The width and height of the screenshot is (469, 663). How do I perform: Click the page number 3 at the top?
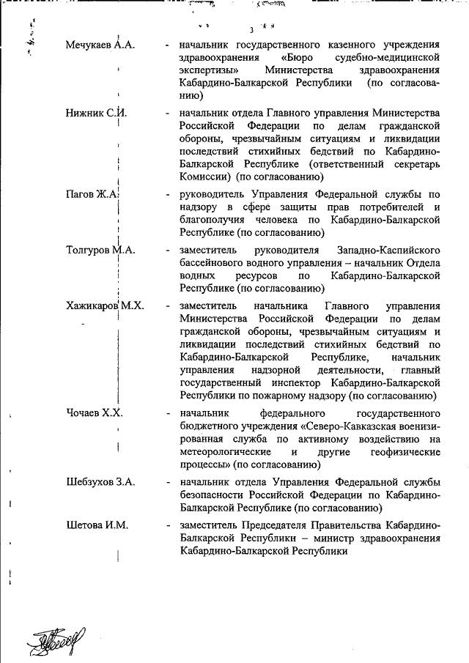251,30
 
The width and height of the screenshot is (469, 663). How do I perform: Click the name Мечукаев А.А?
100,45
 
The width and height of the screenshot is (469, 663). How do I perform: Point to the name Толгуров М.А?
100,249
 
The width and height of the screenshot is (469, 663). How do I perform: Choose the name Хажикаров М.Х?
104,305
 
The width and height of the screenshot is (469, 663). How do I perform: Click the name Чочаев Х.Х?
94,412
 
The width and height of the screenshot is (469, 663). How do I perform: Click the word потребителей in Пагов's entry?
388,207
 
